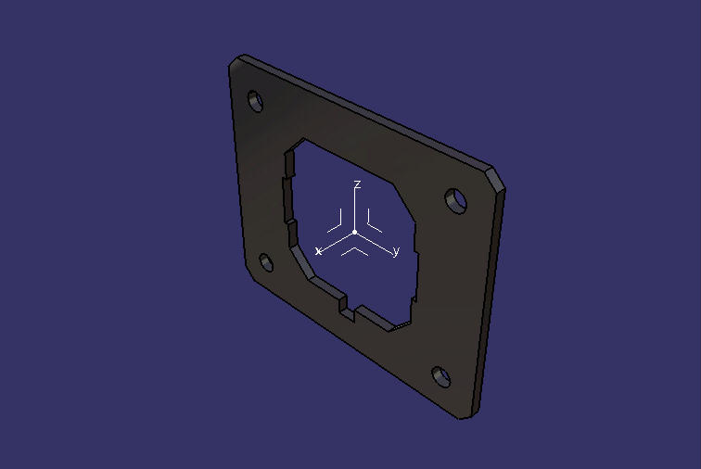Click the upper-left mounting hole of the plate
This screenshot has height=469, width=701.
click(x=255, y=102)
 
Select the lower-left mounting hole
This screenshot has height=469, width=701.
click(x=266, y=262)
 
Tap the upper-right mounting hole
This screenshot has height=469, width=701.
click(x=456, y=201)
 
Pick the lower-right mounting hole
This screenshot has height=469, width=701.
click(x=440, y=377)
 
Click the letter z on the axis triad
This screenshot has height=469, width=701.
click(x=357, y=184)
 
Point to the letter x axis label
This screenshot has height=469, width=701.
click(x=318, y=251)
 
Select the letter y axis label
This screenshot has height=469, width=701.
click(x=396, y=252)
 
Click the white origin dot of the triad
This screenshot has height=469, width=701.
click(x=355, y=233)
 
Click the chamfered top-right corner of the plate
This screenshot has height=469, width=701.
click(x=497, y=178)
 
